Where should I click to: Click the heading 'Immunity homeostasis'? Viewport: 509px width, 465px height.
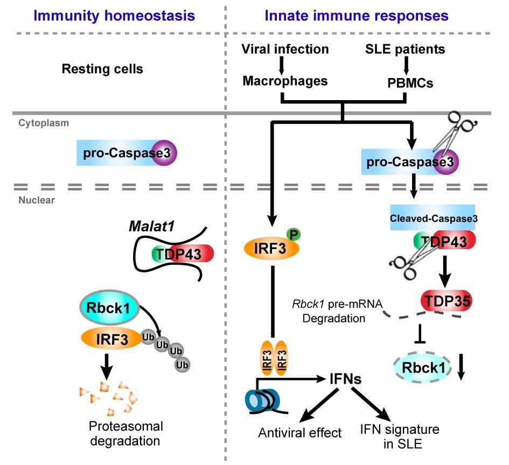pos(114,16)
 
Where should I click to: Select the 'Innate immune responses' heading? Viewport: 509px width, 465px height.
pos(357,16)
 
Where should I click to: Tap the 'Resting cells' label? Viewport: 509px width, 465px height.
pos(102,69)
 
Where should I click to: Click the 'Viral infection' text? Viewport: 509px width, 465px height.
pos(285,50)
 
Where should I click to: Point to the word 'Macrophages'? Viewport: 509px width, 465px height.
pos(285,81)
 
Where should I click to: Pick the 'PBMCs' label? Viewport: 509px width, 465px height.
pos(410,83)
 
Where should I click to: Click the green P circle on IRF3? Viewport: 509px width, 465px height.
pos(294,234)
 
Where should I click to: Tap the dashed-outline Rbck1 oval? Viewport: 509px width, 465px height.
pos(422,368)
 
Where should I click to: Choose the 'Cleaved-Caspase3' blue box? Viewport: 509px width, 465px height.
pos(433,217)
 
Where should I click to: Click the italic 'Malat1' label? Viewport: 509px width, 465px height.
pos(152,227)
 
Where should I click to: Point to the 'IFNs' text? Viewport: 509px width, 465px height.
pos(345,379)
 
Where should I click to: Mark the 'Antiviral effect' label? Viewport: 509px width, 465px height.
pos(299,433)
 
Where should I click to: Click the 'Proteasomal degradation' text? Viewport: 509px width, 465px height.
pos(125,434)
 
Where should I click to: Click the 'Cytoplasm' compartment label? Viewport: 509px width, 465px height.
pos(44,123)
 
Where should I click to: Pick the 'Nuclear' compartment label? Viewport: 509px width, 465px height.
pos(37,200)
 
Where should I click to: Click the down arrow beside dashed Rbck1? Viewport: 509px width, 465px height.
pos(461,367)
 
